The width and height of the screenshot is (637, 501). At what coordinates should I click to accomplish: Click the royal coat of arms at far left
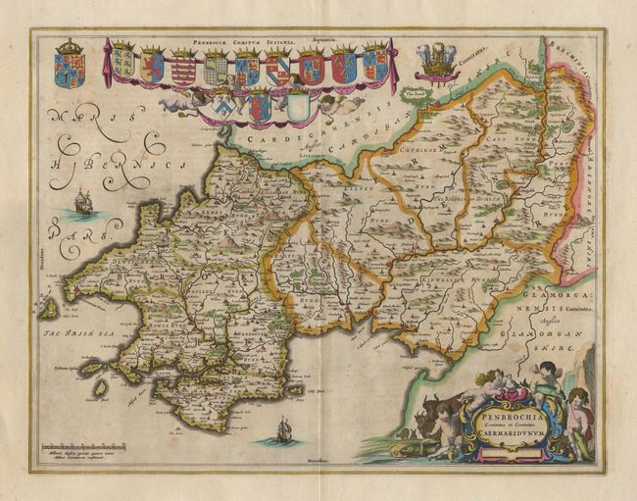click(x=70, y=65)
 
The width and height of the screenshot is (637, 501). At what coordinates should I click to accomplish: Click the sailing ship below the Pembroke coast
click(x=282, y=428)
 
